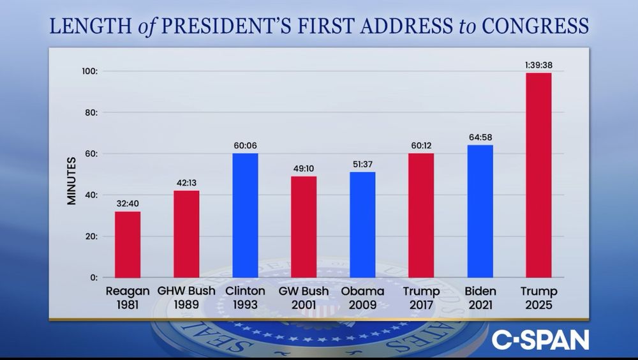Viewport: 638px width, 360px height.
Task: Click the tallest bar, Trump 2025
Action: click(x=538, y=175)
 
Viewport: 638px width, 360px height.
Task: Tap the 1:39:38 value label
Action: click(x=538, y=64)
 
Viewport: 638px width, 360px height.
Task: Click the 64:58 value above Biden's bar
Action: click(x=480, y=137)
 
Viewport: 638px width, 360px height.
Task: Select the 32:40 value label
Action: click(x=128, y=204)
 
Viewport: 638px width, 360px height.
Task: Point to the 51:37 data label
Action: click(x=362, y=164)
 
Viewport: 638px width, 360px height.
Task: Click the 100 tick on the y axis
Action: click(x=88, y=71)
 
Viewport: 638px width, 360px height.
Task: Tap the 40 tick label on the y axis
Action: click(x=91, y=195)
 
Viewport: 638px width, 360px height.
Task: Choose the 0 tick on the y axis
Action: click(x=93, y=277)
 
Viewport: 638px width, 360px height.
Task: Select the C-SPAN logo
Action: click(x=540, y=339)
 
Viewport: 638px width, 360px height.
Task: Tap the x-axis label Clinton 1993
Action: click(x=245, y=298)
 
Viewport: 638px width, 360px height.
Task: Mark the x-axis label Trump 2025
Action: click(x=538, y=298)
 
